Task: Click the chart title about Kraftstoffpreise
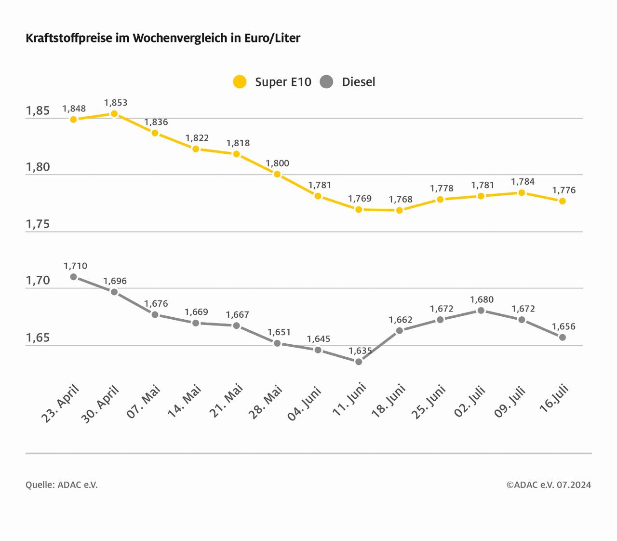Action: [163, 38]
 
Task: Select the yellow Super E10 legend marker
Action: [240, 82]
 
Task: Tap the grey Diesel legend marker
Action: [327, 82]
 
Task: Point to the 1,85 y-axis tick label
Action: [38, 111]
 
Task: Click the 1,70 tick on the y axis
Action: [38, 281]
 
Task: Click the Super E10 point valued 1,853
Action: [114, 114]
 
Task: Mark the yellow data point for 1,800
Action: [277, 174]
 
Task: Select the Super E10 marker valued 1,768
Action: [399, 210]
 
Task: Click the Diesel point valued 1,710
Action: [74, 277]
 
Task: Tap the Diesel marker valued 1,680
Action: [481, 311]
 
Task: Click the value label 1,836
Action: [156, 122]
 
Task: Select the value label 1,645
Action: [318, 339]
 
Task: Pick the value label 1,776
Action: [563, 190]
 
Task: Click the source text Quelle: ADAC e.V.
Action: [62, 485]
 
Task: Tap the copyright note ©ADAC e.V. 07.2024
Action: [549, 485]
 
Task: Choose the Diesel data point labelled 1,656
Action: [562, 338]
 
